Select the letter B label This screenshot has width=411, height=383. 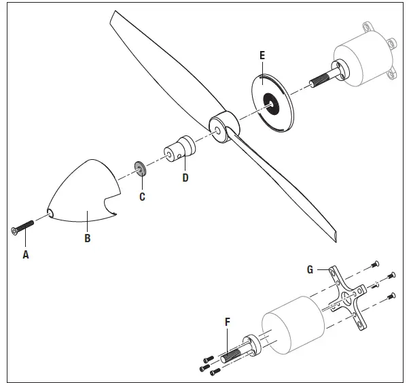pyautogui.click(x=87, y=238)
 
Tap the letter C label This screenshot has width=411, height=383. pyautogui.click(x=141, y=197)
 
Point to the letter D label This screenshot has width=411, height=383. pyautogui.click(x=185, y=178)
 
